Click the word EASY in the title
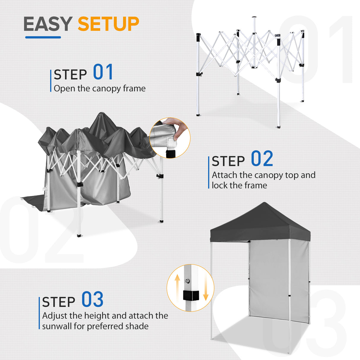click(x=47, y=24)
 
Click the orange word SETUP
click(x=108, y=24)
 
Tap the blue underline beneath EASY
click(x=43, y=37)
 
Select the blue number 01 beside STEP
click(x=103, y=72)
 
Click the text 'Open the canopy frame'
click(x=100, y=88)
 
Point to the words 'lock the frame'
click(x=239, y=185)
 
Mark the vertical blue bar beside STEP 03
click(x=39, y=313)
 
